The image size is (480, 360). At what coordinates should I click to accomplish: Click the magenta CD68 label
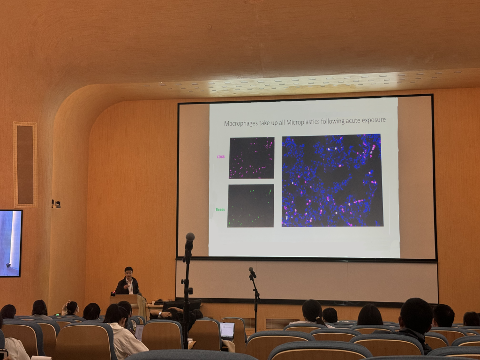click(x=221, y=157)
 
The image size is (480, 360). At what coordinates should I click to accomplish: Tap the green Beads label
click(x=220, y=210)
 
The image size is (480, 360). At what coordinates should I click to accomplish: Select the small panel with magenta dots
click(x=252, y=157)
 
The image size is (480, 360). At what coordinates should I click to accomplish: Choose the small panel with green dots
click(x=251, y=206)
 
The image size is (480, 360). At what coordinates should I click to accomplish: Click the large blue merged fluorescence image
click(x=332, y=180)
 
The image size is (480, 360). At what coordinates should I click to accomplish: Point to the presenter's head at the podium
click(x=128, y=272)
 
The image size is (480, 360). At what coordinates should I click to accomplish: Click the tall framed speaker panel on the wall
click(x=25, y=165)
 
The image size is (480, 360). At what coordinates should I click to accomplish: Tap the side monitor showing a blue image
click(x=10, y=243)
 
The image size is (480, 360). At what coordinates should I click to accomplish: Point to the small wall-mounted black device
click(x=56, y=203)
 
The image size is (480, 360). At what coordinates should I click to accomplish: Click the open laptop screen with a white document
click(x=227, y=330)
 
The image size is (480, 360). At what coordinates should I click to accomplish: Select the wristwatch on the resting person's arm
click(x=160, y=314)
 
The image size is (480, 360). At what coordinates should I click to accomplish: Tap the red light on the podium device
click(x=113, y=294)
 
